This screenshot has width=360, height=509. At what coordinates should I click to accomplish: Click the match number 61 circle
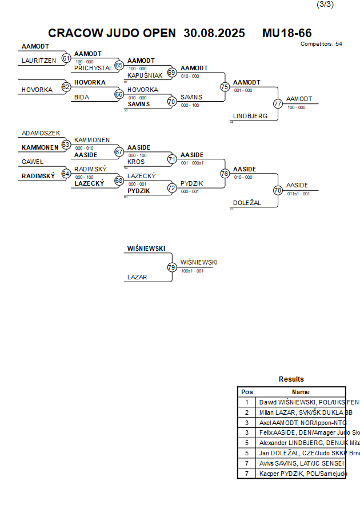click(66, 58)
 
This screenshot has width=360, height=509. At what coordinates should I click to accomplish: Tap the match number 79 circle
click(172, 267)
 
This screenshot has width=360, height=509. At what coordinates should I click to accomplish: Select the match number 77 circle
click(278, 104)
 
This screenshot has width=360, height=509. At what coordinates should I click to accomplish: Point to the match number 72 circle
click(172, 187)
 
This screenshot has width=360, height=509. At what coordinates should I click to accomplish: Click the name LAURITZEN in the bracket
click(39, 61)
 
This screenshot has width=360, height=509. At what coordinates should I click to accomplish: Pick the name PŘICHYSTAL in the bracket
click(93, 68)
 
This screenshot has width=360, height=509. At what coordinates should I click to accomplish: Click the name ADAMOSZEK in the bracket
click(41, 133)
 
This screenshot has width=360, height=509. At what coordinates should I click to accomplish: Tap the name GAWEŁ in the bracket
click(33, 162)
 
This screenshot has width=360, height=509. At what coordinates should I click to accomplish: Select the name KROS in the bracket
click(136, 162)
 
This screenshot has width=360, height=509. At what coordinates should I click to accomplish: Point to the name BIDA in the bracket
click(82, 97)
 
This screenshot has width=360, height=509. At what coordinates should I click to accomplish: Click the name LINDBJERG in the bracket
click(250, 116)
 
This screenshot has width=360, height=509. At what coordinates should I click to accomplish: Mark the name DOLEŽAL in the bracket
click(247, 203)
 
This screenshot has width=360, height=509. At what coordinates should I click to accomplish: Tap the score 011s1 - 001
click(298, 194)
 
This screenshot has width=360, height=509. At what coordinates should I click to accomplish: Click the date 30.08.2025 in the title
click(214, 33)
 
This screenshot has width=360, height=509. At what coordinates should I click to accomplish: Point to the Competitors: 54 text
click(321, 43)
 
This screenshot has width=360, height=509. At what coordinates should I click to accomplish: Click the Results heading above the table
click(291, 379)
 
